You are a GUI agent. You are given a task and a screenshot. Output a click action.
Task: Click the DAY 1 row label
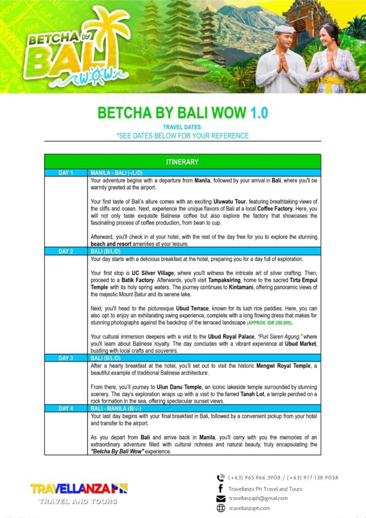point(66,173)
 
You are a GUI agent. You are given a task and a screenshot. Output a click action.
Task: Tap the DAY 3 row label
point(66,358)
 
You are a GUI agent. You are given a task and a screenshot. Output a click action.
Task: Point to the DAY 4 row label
point(66,408)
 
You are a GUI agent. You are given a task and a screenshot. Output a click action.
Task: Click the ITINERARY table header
point(182,162)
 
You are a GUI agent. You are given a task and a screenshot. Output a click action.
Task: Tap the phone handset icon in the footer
point(221,478)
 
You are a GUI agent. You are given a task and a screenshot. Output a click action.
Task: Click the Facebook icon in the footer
point(221,488)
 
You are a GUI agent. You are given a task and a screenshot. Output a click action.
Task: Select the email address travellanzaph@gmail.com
point(258,498)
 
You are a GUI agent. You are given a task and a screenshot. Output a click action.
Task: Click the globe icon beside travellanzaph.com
point(221,508)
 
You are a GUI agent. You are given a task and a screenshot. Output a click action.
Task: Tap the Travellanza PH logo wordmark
point(79,489)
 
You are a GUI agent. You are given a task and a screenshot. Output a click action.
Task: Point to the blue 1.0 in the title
point(259,112)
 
